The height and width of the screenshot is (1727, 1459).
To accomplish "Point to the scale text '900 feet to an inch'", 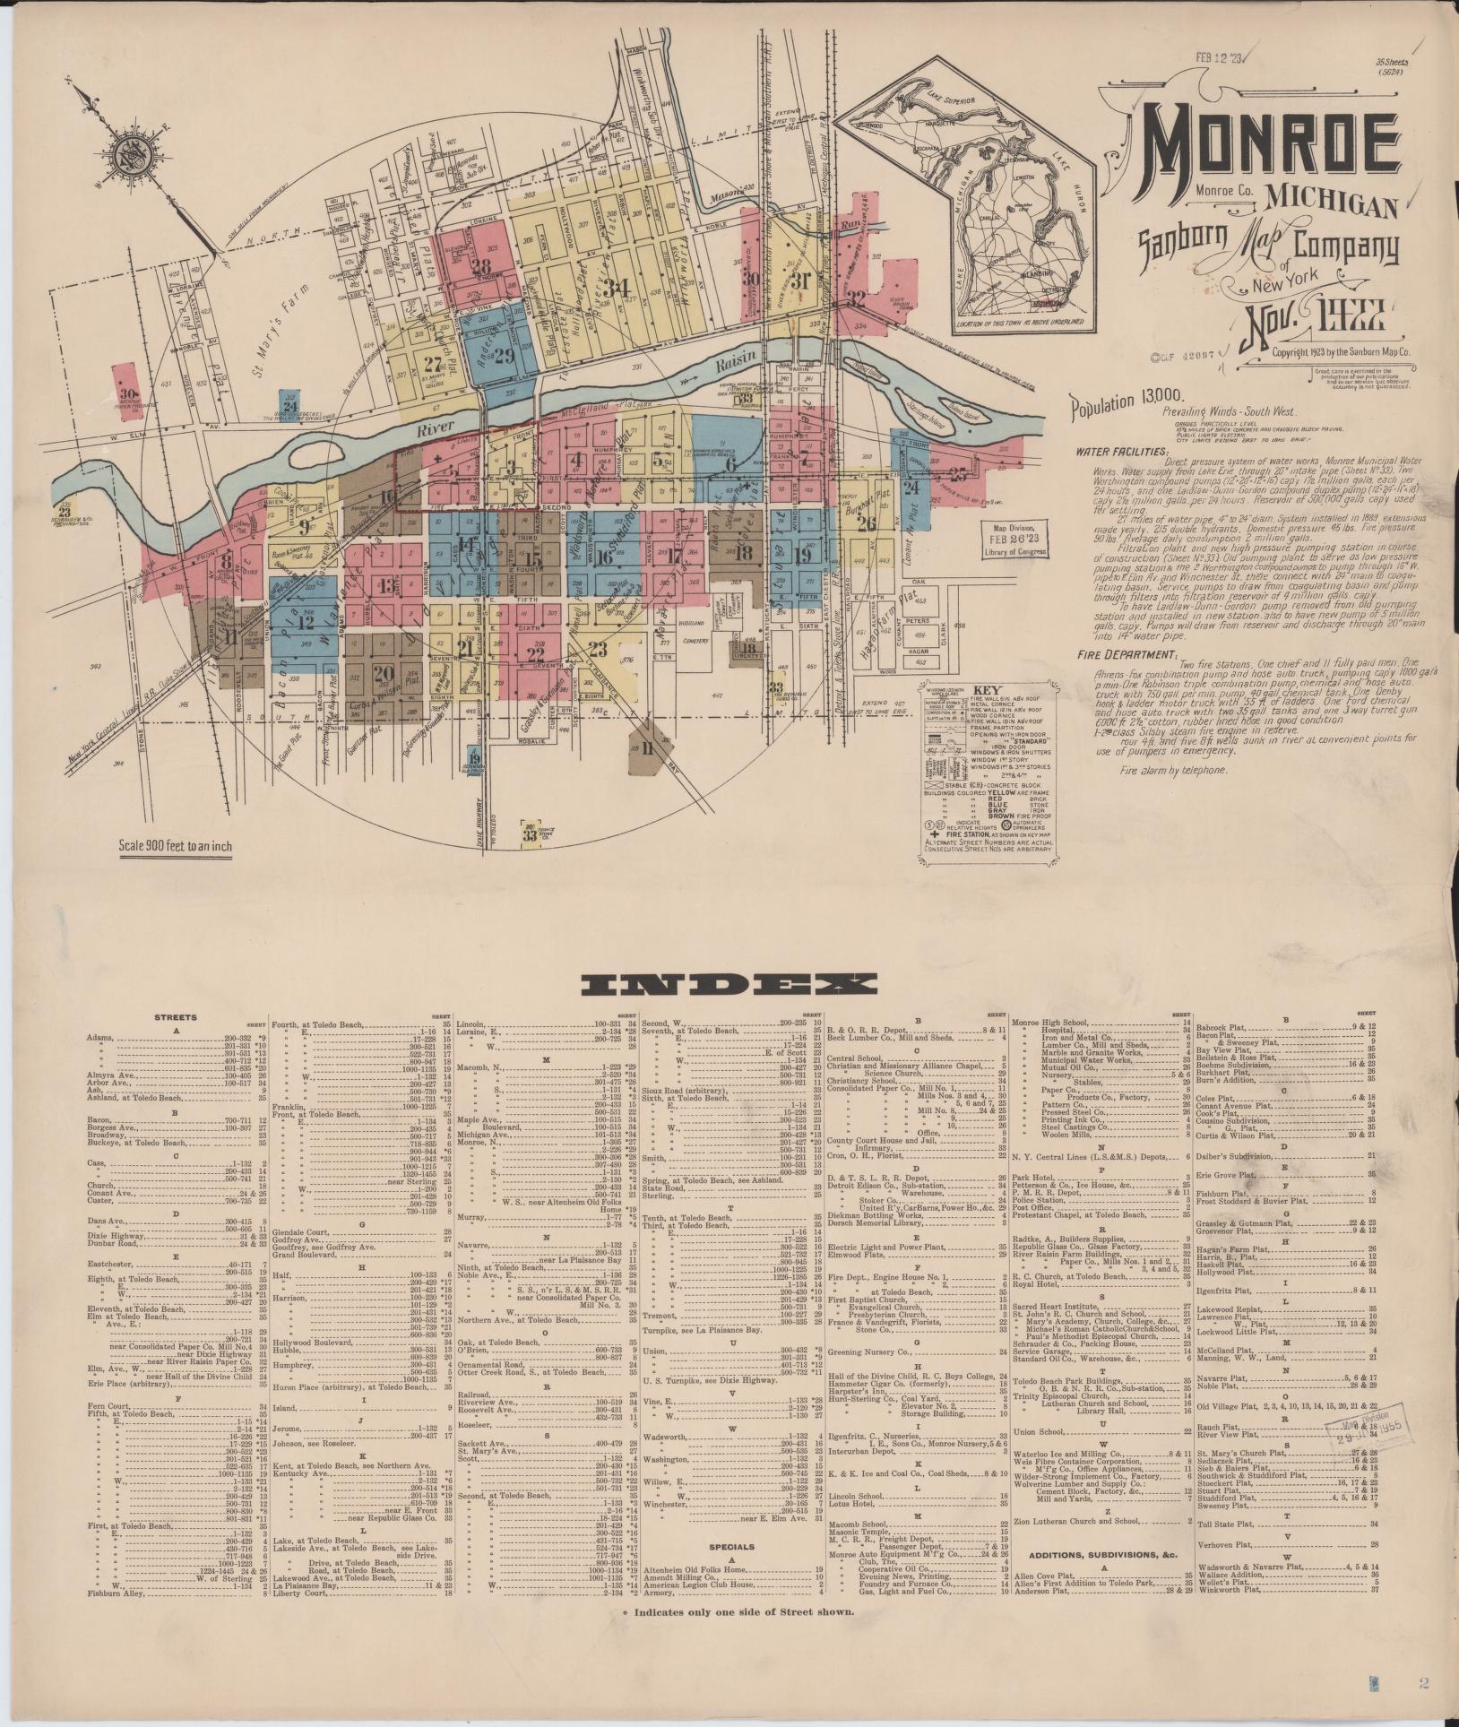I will pos(175,848).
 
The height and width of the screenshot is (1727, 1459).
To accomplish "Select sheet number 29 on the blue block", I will pos(502,355).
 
